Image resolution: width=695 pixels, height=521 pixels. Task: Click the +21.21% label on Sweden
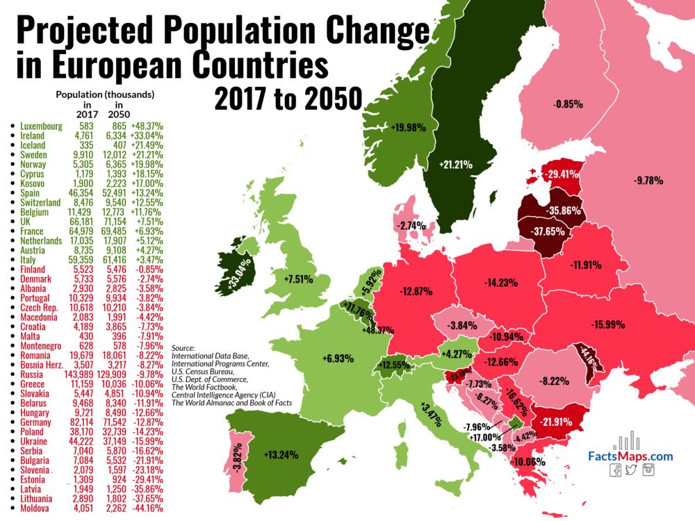pyautogui.click(x=455, y=165)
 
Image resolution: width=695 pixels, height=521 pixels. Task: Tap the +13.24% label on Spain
pyautogui.click(x=281, y=455)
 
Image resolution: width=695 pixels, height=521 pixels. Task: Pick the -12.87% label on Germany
pyautogui.click(x=418, y=291)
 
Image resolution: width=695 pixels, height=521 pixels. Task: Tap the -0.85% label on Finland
pyautogui.click(x=568, y=104)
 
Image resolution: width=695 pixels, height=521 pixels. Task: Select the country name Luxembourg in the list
pyautogui.click(x=41, y=126)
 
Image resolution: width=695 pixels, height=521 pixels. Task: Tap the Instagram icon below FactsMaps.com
pyautogui.click(x=650, y=470)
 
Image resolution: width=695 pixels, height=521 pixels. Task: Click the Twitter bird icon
pyautogui.click(x=632, y=470)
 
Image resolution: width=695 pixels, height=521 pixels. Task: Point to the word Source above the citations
pyautogui.click(x=183, y=347)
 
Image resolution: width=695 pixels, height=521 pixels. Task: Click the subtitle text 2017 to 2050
pyautogui.click(x=288, y=99)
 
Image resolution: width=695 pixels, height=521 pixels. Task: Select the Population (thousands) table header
pyautogui.click(x=105, y=94)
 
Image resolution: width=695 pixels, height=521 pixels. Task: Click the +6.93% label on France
pyautogui.click(x=338, y=359)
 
